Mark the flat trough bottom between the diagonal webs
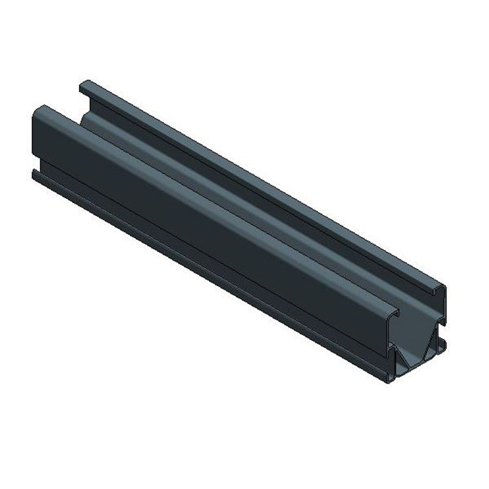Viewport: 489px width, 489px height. [x=415, y=365]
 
